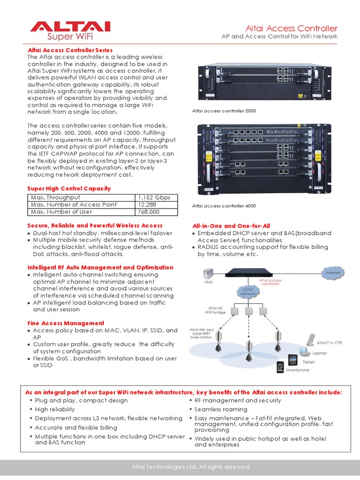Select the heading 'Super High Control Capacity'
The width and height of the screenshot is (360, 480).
click(69, 188)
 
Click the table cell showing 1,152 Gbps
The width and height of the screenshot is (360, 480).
click(157, 197)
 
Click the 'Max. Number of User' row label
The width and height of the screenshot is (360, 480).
click(61, 212)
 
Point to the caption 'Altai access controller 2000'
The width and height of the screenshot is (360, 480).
click(224, 111)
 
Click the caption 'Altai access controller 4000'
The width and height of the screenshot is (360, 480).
click(224, 206)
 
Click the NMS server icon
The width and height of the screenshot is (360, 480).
click(209, 274)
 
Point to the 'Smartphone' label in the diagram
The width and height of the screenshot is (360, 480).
click(298, 370)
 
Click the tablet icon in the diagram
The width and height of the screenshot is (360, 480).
click(292, 360)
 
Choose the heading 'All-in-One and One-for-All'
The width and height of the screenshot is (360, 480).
click(231, 226)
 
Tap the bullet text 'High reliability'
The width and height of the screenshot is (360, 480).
click(55, 409)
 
